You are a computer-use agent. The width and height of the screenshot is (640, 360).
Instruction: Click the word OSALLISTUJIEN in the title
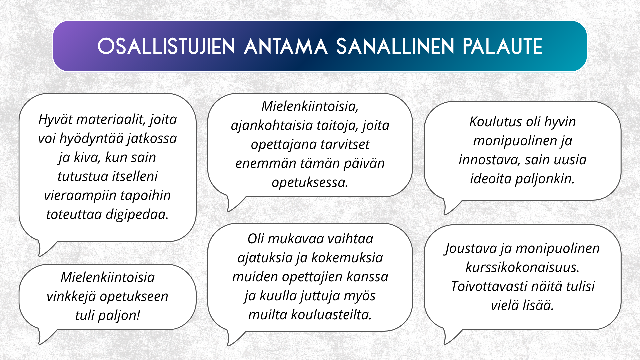point(166,46)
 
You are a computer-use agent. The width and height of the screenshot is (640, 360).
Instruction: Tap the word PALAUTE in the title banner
point(503,46)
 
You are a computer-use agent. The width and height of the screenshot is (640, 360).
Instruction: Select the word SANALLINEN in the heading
point(395,46)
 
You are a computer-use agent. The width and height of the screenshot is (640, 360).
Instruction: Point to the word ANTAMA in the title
point(286,46)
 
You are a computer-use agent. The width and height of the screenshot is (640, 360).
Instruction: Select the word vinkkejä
point(71,296)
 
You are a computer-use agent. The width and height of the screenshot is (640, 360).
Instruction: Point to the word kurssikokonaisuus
point(522,267)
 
